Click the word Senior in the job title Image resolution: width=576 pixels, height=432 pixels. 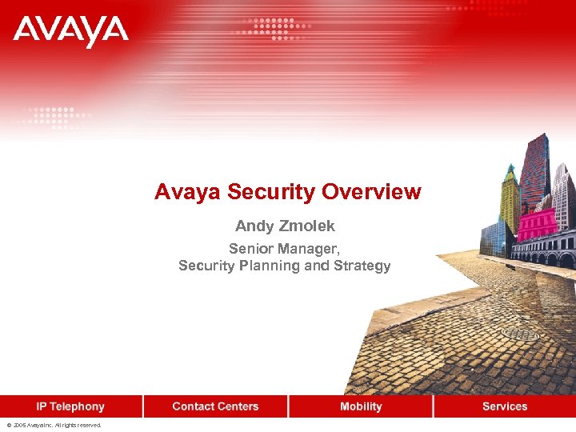click(x=250, y=249)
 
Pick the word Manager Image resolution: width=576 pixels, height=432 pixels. click(x=308, y=249)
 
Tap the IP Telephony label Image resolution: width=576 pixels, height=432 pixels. click(x=70, y=406)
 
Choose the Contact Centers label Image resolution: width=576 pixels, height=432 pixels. click(x=215, y=406)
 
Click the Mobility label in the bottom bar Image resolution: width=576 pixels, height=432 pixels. click(x=361, y=406)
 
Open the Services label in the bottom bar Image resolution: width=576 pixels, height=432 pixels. click(x=505, y=406)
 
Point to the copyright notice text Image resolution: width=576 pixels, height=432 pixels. click(x=54, y=426)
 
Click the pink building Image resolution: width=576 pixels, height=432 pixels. click(x=537, y=224)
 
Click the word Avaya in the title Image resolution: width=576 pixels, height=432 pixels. click(x=188, y=192)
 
